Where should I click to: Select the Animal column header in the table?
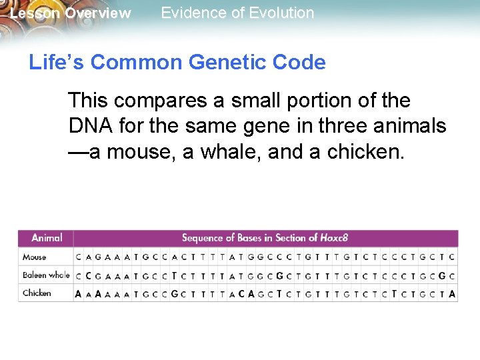pos(47,238)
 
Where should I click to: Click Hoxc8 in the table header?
pos(333,238)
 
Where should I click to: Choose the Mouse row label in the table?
pos(35,257)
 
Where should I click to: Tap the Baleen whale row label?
pos(46,275)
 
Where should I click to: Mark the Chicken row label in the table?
pos(37,293)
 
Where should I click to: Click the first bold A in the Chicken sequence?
pos(79,293)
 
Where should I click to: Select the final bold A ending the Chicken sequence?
pos(453,293)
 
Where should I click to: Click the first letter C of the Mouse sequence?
pos(79,257)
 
